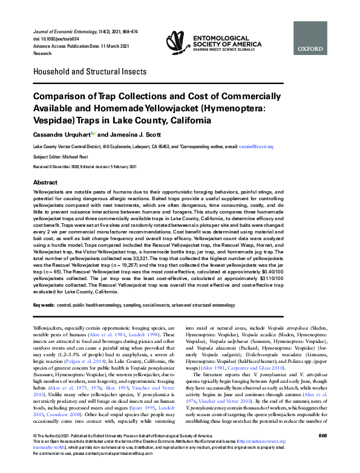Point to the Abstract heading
pyautogui.click(x=45, y=182)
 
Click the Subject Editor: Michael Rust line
pyautogui.click(x=63, y=156)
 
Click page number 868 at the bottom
pyautogui.click(x=322, y=451)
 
